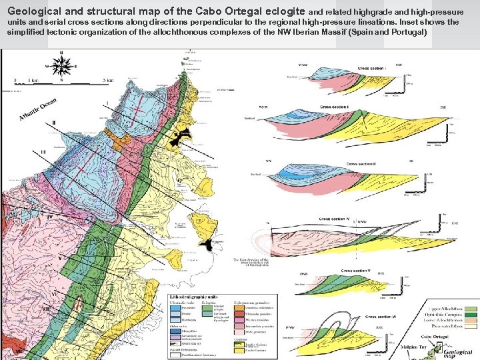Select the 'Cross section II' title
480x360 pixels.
coord(356,107)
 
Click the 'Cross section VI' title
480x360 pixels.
coord(381,317)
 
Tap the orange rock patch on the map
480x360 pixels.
coord(121,143)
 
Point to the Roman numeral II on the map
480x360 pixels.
coord(53,123)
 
